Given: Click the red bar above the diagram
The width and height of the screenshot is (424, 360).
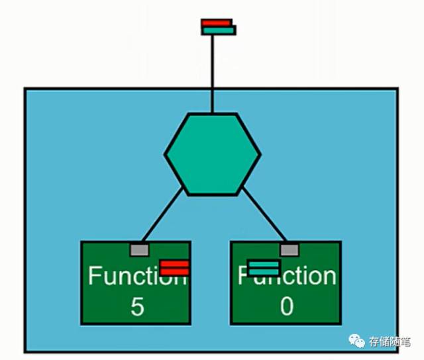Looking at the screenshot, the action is pos(217,22).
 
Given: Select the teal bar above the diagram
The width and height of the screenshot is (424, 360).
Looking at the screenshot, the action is pos(219,30).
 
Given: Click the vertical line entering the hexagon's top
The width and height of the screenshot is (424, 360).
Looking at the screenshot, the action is pos(212,73).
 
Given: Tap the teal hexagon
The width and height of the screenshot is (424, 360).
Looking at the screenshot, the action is pos(212,154).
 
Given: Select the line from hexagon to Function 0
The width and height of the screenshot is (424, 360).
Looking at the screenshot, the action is pos(263,213).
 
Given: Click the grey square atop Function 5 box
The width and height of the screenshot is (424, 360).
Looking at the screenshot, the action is pos(139,249).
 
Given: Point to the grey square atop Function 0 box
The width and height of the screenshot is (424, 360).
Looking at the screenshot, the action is pos(289,249).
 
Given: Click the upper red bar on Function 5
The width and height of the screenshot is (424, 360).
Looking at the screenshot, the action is pos(175,263).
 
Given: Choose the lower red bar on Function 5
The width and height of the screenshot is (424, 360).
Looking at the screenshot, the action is pos(175,271).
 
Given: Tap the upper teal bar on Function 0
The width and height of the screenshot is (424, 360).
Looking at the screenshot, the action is pos(264,263).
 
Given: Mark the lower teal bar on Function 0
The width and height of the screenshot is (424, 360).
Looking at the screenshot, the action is pos(264,271).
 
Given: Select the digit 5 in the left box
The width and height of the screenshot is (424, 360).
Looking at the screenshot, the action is pos(136,306).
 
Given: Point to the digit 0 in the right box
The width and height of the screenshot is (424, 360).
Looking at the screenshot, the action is pos(286,306).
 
